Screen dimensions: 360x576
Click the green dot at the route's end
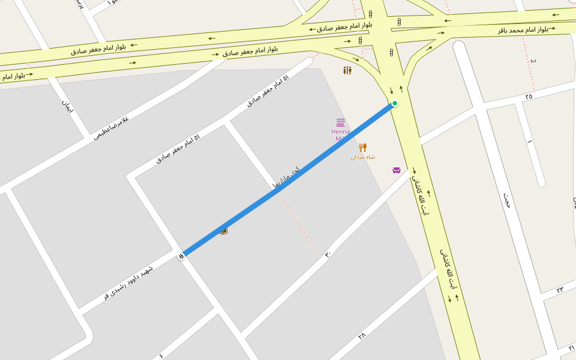coord(395,103)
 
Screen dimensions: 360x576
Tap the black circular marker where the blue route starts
coord(181,256)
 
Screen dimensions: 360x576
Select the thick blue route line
coord(288,180)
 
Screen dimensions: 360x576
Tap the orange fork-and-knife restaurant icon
coord(362,147)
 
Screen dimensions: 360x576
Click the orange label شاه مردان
coord(363,157)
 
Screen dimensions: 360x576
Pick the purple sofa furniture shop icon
coord(397,170)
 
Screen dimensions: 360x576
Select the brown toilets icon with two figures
coord(347,71)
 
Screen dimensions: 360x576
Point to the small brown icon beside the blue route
coord(223,230)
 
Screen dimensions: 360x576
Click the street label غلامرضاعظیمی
coord(111,128)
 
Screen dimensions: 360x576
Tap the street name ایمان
coord(67,107)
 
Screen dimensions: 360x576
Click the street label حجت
coord(507,200)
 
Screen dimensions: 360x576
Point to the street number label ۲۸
coord(362,337)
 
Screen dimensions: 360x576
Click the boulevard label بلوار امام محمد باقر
coord(523,29)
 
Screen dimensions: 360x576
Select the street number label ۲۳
coord(559,290)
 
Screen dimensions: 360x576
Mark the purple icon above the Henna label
coord(341,122)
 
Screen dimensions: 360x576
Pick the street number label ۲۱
coord(571,348)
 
